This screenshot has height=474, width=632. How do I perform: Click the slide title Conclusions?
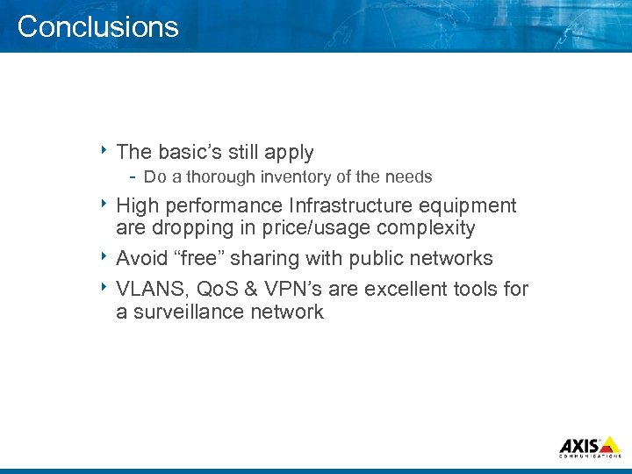coord(97,26)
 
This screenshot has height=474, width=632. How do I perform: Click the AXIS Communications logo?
coord(590,446)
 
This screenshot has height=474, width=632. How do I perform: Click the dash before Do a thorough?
coord(133,176)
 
